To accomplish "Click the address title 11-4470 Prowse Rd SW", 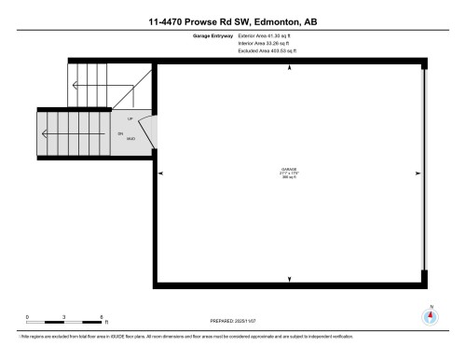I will [232, 21].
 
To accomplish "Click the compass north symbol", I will [430, 315].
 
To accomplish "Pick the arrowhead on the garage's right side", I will [417, 173].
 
